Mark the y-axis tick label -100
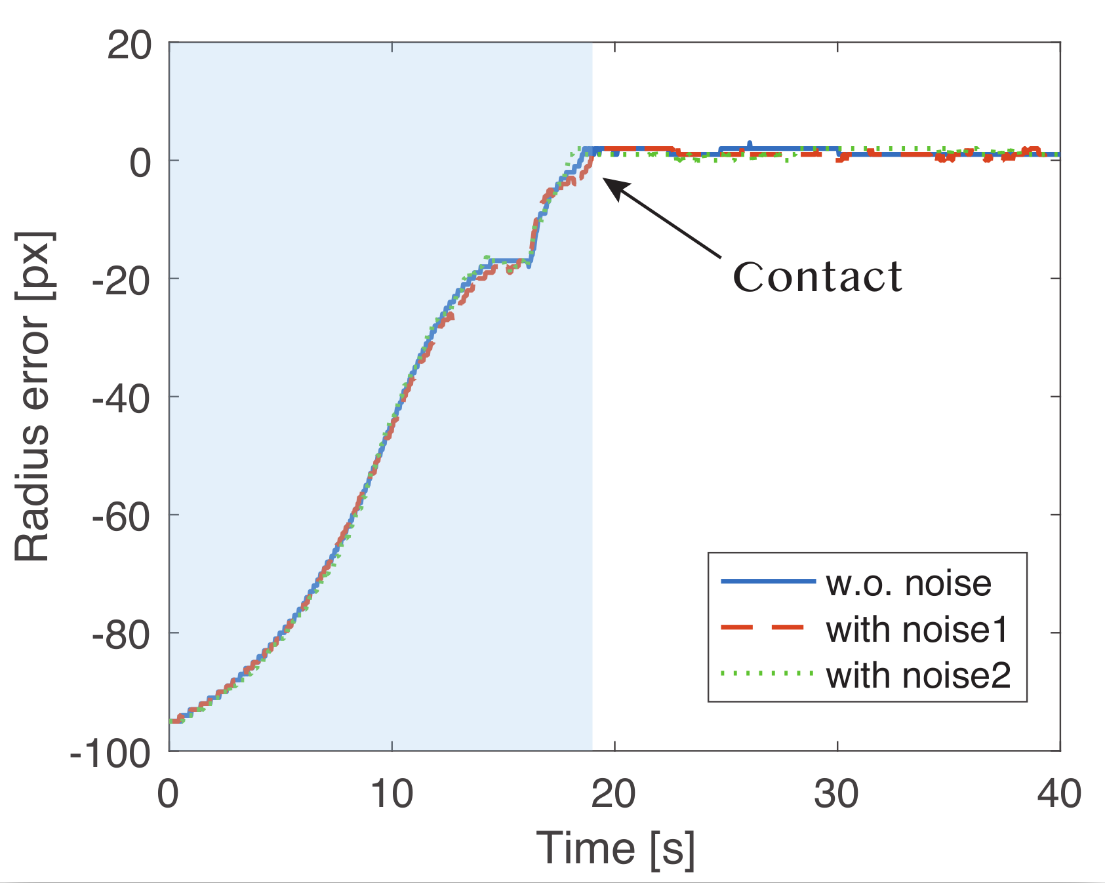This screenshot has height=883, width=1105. pyautogui.click(x=110, y=754)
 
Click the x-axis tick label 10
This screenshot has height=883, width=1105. pyautogui.click(x=392, y=794)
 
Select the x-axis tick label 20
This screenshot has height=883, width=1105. pyautogui.click(x=614, y=794)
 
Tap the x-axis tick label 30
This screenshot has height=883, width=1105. pyautogui.click(x=837, y=794)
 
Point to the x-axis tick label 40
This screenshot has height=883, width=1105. pyautogui.click(x=1058, y=794)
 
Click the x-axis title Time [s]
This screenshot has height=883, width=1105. pyautogui.click(x=615, y=848)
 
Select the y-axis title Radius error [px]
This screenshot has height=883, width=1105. pyautogui.click(x=33, y=397)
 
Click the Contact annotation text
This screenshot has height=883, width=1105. pyautogui.click(x=817, y=277)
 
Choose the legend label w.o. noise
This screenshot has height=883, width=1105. pyautogui.click(x=908, y=583)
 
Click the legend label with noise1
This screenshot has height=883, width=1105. pyautogui.click(x=917, y=629)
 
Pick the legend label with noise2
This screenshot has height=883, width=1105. pyautogui.click(x=918, y=676)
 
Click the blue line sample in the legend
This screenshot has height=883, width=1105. pyautogui.click(x=767, y=581)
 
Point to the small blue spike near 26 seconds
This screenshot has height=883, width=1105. pyautogui.click(x=750, y=144)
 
